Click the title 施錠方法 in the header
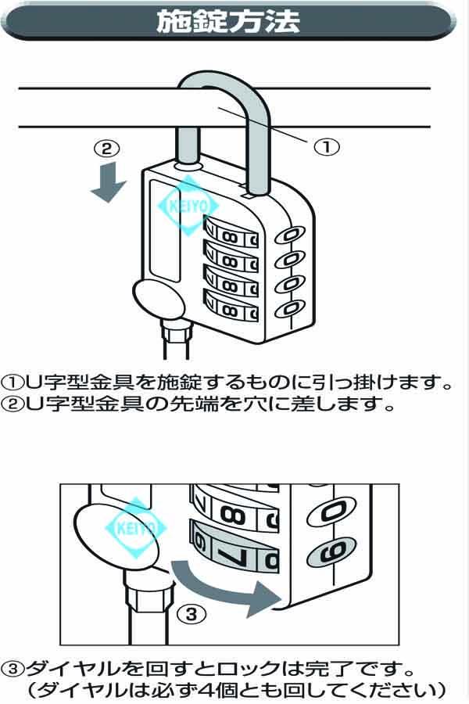228,21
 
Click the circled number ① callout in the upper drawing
329,146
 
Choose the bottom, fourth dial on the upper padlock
230,307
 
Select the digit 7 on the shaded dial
231,551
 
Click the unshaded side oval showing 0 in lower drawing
332,512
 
